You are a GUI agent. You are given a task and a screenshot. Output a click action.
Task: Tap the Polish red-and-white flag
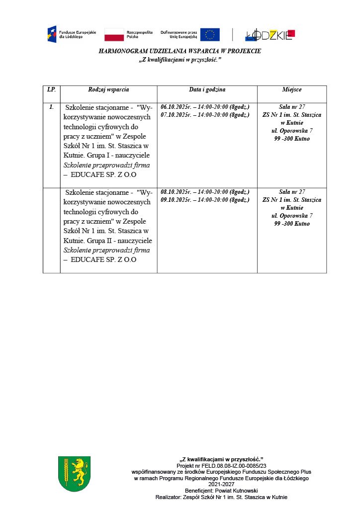[x=114, y=35]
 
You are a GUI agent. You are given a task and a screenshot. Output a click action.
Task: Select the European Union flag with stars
[x=209, y=34]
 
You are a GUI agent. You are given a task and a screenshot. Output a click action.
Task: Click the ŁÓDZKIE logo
[x=270, y=35]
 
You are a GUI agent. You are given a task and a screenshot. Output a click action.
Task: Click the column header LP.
[x=51, y=89]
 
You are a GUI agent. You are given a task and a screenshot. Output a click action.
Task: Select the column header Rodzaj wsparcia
[x=108, y=89]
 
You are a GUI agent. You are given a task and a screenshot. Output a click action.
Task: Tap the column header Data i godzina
[x=207, y=89]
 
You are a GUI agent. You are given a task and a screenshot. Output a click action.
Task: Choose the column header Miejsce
[x=291, y=89]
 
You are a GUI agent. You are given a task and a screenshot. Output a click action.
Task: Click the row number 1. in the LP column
[x=51, y=107]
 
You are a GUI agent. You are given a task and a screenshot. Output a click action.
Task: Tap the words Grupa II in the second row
[x=98, y=240]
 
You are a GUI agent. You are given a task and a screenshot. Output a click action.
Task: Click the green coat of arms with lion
[x=74, y=474]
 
